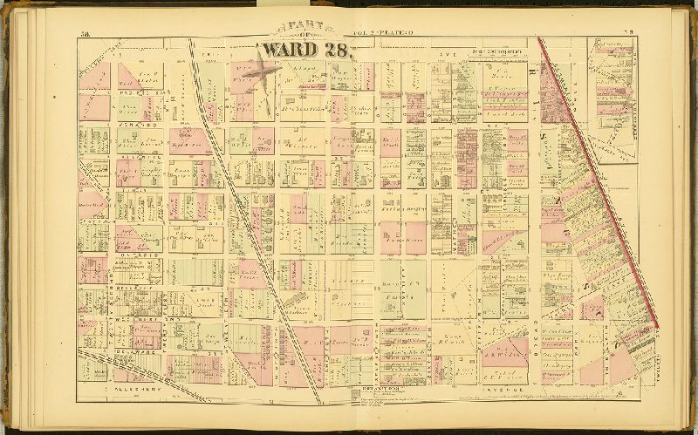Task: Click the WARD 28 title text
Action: [305, 51]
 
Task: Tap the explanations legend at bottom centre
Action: [375, 394]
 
